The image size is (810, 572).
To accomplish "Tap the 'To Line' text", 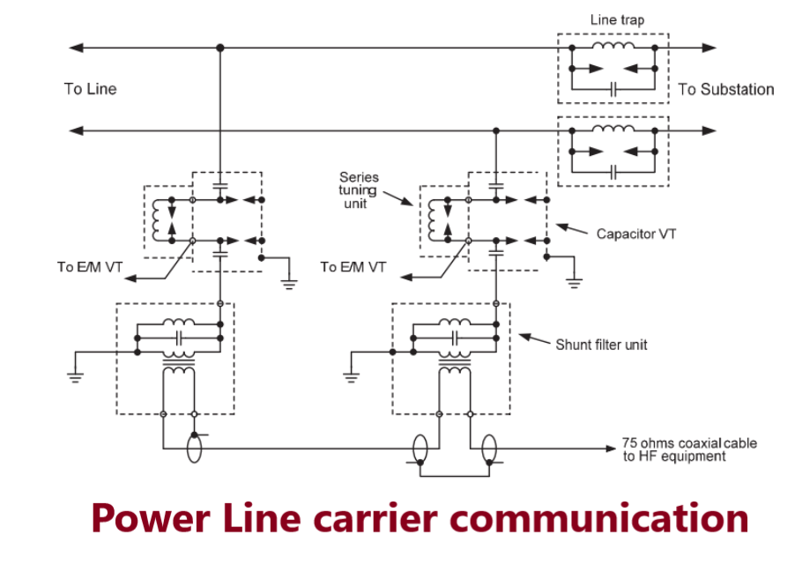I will click(90, 89).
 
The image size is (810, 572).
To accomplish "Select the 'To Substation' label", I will click(725, 89).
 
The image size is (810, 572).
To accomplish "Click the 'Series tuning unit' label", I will click(359, 189).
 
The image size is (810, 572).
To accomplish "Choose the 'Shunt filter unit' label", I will click(601, 345).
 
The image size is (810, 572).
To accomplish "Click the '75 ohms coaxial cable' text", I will click(688, 443).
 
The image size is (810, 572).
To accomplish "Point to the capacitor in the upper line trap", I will click(613, 88).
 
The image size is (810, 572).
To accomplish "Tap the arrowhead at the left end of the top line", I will click(76, 47).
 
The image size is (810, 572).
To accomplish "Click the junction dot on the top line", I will click(219, 47).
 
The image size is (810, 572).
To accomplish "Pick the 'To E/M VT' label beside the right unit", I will click(353, 267).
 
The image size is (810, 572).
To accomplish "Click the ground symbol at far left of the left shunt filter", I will click(76, 375).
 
